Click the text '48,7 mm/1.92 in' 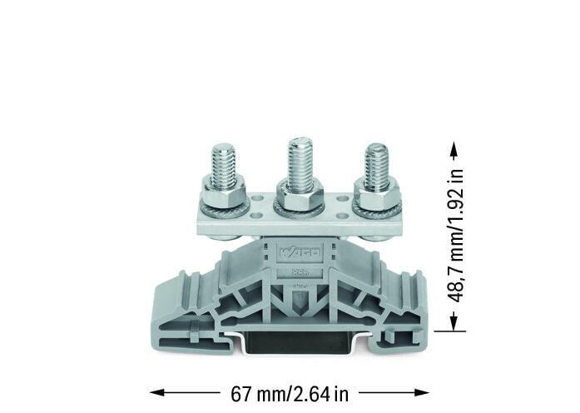click(454, 236)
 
